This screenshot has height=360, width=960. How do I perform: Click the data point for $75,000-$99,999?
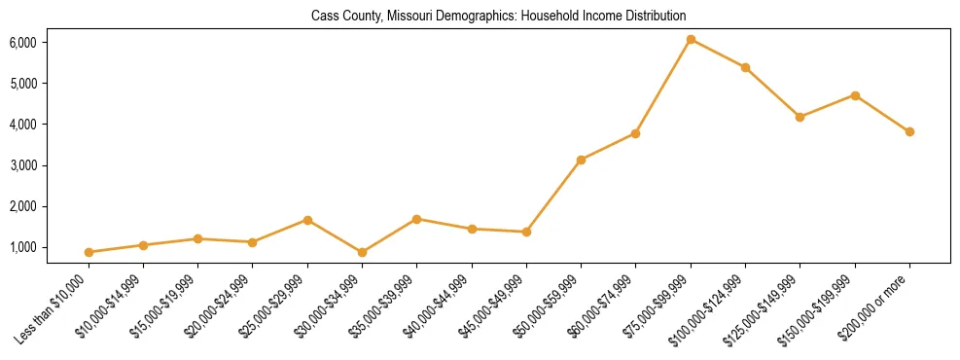pos(691,40)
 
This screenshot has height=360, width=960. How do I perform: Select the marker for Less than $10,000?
pos(89,252)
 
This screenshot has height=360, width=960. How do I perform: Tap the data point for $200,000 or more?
pos(909,131)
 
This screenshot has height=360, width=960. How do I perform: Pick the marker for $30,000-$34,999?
pos(362,252)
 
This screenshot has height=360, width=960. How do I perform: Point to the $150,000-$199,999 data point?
pos(855,95)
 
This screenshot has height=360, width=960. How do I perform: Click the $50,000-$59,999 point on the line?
pos(581,160)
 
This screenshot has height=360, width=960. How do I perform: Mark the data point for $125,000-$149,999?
pos(800,117)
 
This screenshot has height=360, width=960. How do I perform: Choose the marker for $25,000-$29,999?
pos(307,220)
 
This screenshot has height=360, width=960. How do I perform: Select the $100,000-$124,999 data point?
pos(745,67)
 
